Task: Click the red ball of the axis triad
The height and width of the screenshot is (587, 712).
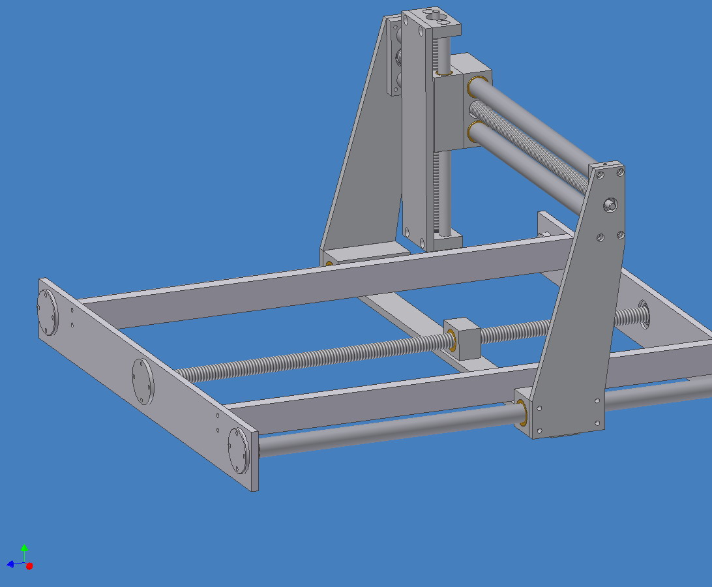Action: tap(29, 566)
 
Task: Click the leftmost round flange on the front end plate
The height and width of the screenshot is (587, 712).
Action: tap(47, 312)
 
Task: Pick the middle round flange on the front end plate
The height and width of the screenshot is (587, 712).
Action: tap(142, 381)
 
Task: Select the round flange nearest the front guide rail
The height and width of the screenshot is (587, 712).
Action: tap(239, 450)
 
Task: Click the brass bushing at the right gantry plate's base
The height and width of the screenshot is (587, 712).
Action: tap(523, 412)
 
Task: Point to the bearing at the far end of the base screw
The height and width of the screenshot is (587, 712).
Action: tap(644, 314)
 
